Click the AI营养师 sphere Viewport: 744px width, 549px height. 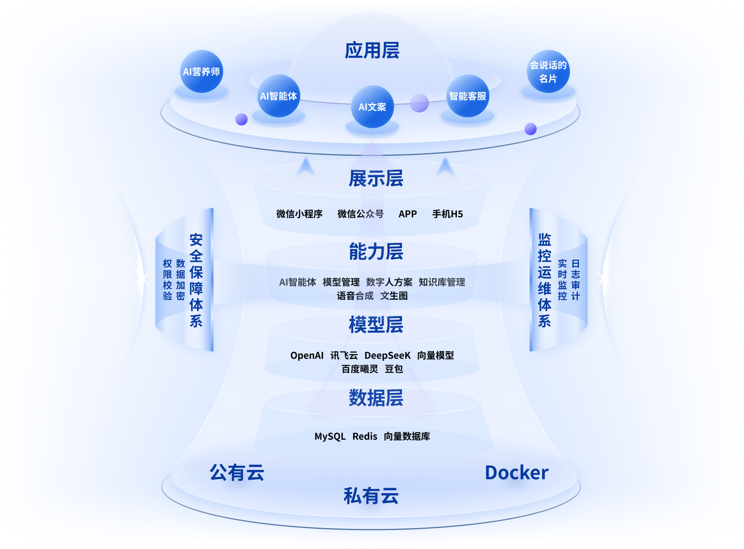pos(201,72)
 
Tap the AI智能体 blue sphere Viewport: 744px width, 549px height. pos(278,96)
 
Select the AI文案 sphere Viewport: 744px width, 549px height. pos(372,107)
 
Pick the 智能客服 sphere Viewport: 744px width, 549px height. pos(467,96)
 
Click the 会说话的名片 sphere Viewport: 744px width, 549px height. pos(548,72)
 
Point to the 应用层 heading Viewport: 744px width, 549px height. pos(372,51)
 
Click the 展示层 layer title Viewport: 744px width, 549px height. pos(375,179)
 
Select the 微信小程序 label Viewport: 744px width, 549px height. pos(299,214)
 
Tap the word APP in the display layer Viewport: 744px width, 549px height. pos(408,214)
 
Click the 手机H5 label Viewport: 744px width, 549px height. pos(447,214)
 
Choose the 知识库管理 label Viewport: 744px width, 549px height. pos(442,282)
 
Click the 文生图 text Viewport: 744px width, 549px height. pos(394,296)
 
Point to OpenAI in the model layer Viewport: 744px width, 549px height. pos(307,355)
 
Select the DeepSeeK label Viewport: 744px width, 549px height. pos(387,355)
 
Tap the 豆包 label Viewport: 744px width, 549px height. pos(394,369)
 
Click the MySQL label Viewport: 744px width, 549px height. pos(330,436)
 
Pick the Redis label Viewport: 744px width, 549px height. pos(365,436)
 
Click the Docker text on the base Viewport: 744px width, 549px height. pos(517,473)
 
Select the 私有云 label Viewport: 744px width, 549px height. pos(371,496)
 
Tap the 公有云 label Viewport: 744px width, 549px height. pos(237,473)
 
